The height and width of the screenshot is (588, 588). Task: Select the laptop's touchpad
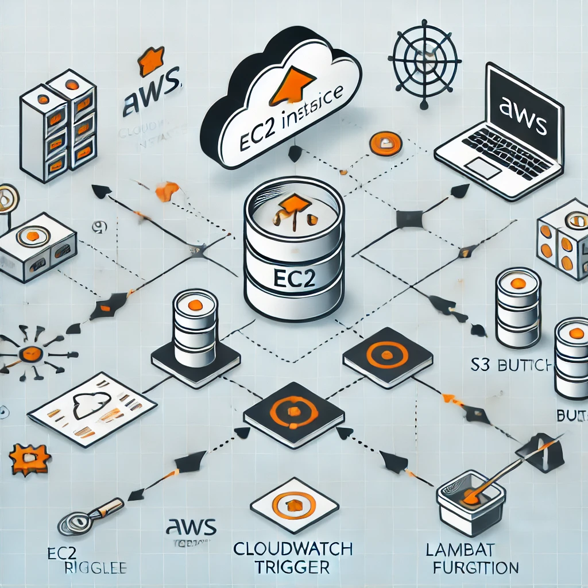(484, 167)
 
